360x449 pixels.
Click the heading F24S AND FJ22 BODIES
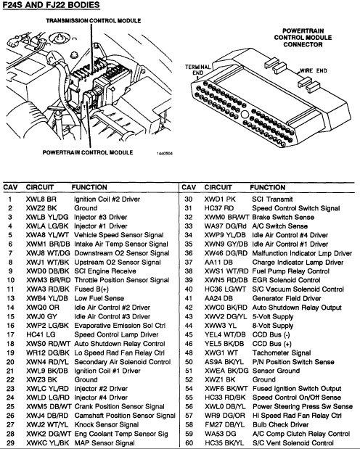click(52, 5)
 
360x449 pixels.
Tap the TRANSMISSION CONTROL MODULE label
click(94, 20)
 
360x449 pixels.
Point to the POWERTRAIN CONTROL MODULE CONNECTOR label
click(303, 38)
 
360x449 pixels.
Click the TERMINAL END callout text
click(197, 70)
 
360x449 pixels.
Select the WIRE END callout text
click(314, 71)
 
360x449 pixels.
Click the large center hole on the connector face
click(245, 115)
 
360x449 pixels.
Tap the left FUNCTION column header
click(89, 187)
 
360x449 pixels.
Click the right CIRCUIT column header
click(218, 187)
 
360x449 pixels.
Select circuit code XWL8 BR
click(41, 199)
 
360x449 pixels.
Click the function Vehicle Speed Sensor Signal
click(118, 235)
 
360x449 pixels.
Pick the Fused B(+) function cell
click(91, 289)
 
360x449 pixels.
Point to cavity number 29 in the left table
click(10, 442)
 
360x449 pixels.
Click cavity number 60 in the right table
click(189, 442)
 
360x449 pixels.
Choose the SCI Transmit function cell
click(272, 199)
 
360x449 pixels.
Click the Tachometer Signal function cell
click(282, 353)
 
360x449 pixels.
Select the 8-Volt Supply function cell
click(273, 326)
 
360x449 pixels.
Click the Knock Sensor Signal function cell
click(107, 424)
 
